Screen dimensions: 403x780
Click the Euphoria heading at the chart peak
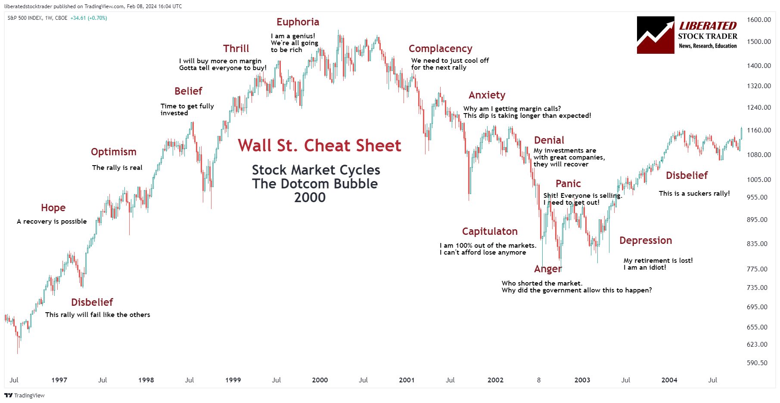click(298, 22)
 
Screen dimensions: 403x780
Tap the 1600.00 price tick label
click(758, 20)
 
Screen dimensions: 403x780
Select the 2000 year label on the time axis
click(320, 380)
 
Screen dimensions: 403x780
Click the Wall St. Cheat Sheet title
click(319, 146)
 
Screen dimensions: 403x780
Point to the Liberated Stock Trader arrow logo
click(655, 35)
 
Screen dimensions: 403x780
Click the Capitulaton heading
click(490, 231)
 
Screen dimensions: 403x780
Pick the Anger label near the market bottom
click(547, 269)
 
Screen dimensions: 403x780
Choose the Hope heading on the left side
click(53, 208)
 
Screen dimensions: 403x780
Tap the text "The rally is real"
click(117, 168)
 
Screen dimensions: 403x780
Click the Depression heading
click(645, 240)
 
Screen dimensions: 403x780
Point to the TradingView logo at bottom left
click(25, 395)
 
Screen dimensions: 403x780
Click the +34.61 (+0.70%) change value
click(89, 18)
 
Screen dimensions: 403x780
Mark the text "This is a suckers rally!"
click(694, 194)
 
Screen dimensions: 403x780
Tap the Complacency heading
click(440, 49)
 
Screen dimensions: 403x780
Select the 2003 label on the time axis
click(582, 380)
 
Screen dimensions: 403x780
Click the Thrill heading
click(236, 49)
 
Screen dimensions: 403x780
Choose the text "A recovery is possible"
click(52, 221)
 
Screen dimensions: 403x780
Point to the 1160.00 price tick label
click(758, 130)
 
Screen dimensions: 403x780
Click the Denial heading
click(549, 140)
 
